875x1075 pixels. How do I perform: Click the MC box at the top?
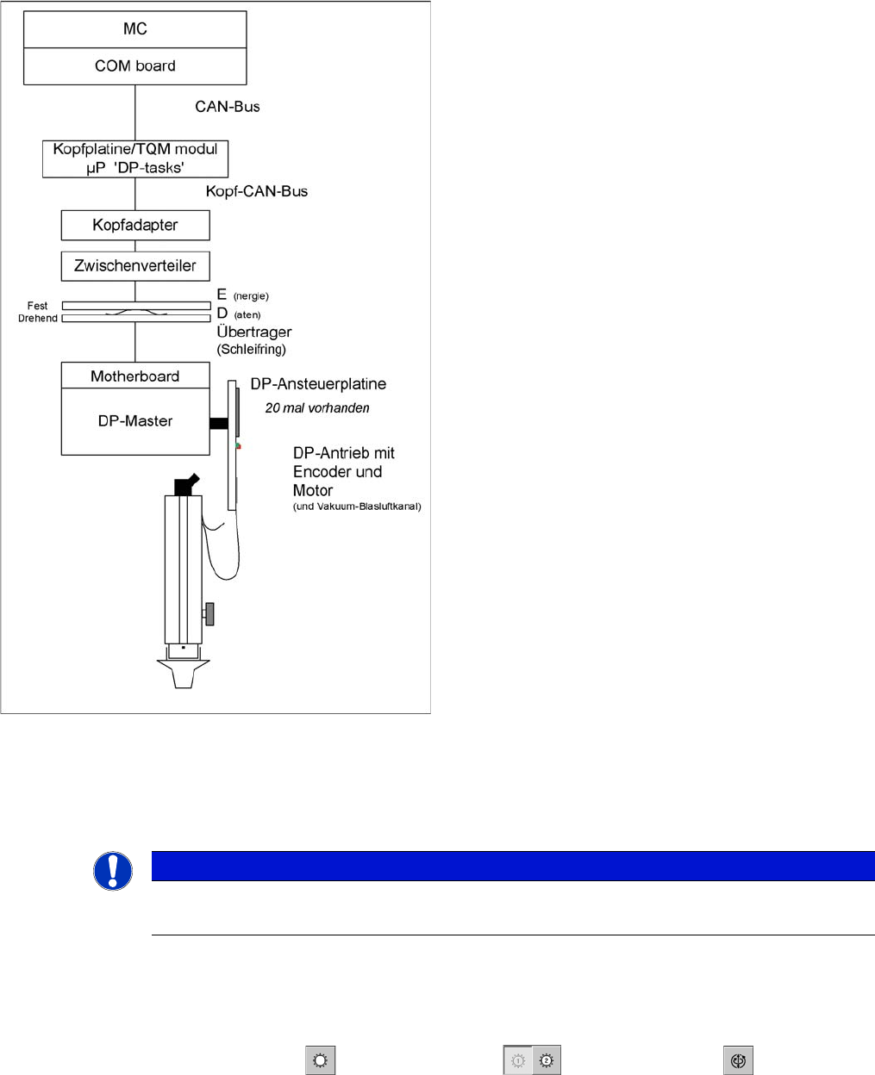[135, 29]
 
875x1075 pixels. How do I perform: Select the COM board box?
[135, 66]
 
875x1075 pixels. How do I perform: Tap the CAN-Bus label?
[228, 107]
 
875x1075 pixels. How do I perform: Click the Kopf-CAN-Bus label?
[257, 191]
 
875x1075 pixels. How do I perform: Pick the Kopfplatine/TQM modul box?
[135, 158]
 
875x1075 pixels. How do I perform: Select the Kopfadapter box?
[135, 226]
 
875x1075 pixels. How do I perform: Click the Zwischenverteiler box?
[135, 266]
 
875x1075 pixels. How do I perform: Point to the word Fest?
[38, 306]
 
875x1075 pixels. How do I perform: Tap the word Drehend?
[38, 319]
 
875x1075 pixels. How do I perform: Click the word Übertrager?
[254, 332]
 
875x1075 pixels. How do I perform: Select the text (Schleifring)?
[252, 350]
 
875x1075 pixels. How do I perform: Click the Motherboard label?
[135, 376]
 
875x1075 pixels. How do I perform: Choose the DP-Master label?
[135, 421]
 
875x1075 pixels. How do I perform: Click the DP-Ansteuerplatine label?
[318, 384]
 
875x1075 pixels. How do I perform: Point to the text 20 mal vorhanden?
[317, 408]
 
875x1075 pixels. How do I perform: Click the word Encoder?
[325, 472]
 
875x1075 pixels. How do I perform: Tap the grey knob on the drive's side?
[209, 613]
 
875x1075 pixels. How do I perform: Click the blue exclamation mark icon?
[113, 871]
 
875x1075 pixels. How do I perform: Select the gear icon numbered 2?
[547, 1061]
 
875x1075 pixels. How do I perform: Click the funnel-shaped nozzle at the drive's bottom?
[183, 674]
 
